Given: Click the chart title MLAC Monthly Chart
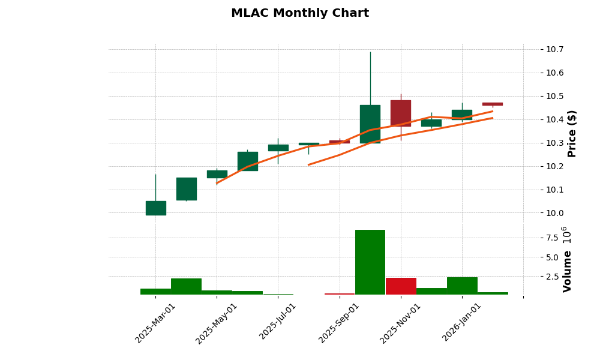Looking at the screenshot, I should point(299,13).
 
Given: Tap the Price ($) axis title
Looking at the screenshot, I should point(572,133).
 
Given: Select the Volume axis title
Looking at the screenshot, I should point(567,271).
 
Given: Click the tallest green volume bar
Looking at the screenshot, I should point(370,262).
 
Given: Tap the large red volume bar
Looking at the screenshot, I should point(401,286).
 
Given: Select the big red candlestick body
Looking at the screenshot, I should point(401,113).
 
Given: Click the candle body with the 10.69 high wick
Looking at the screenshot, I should point(370,124).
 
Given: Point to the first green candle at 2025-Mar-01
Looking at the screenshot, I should point(155,208).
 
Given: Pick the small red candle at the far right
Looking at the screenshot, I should point(493,104).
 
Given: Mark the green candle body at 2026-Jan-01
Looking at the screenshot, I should point(462,115).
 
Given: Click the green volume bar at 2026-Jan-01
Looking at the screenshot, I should point(462,286).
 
